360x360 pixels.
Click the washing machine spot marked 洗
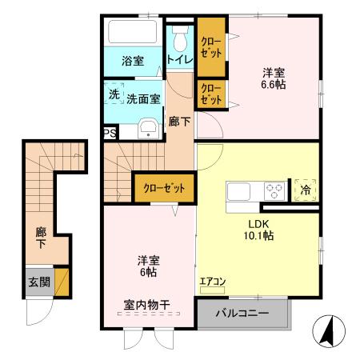pos(114,94)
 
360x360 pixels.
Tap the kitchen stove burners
pos(274,191)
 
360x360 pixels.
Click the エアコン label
pos(212,282)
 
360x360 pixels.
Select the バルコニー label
pos(241,313)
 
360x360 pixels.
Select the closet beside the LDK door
pos(164,189)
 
